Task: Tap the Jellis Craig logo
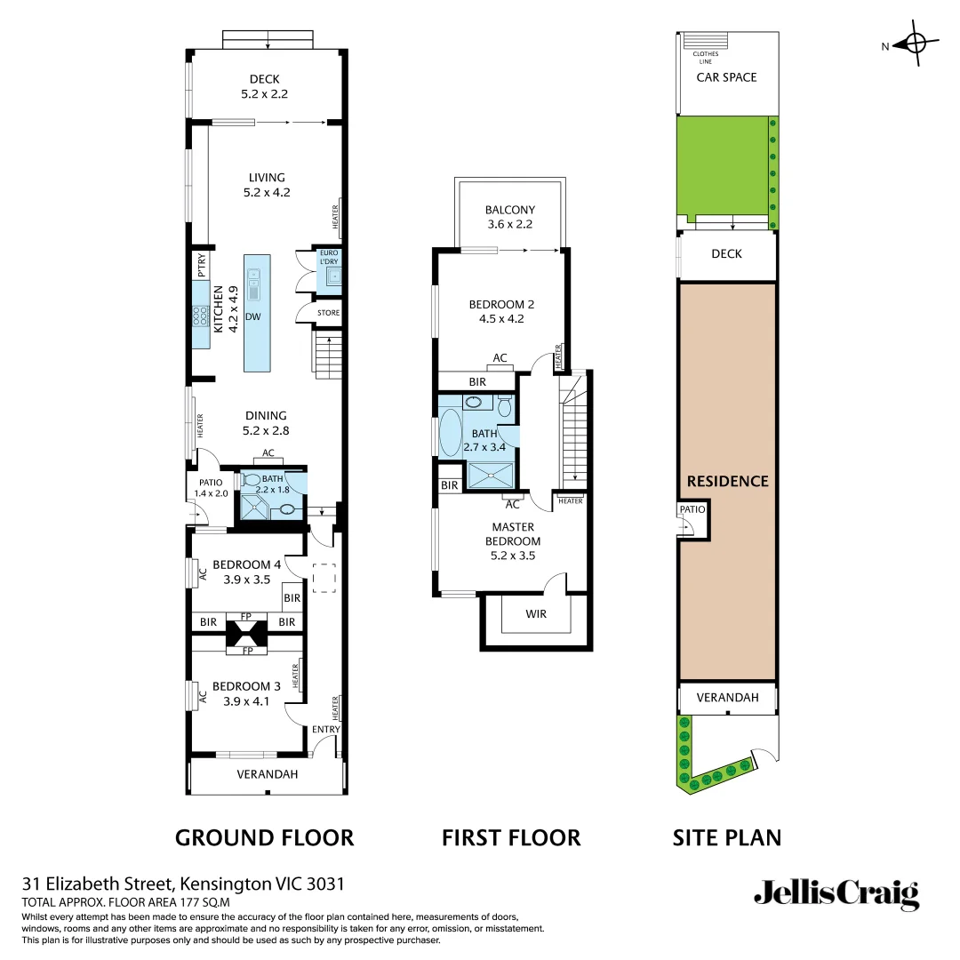836,893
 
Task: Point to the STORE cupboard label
328,313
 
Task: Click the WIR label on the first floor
535,613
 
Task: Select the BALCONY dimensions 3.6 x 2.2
509,224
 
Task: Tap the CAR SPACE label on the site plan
726,77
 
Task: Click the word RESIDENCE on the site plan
727,481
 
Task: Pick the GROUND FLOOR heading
264,837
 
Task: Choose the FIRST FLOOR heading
511,837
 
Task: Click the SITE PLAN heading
727,837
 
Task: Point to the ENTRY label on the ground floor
326,729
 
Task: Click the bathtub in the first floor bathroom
450,433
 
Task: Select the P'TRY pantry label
201,266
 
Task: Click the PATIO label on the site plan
692,509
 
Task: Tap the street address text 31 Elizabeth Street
100,884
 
